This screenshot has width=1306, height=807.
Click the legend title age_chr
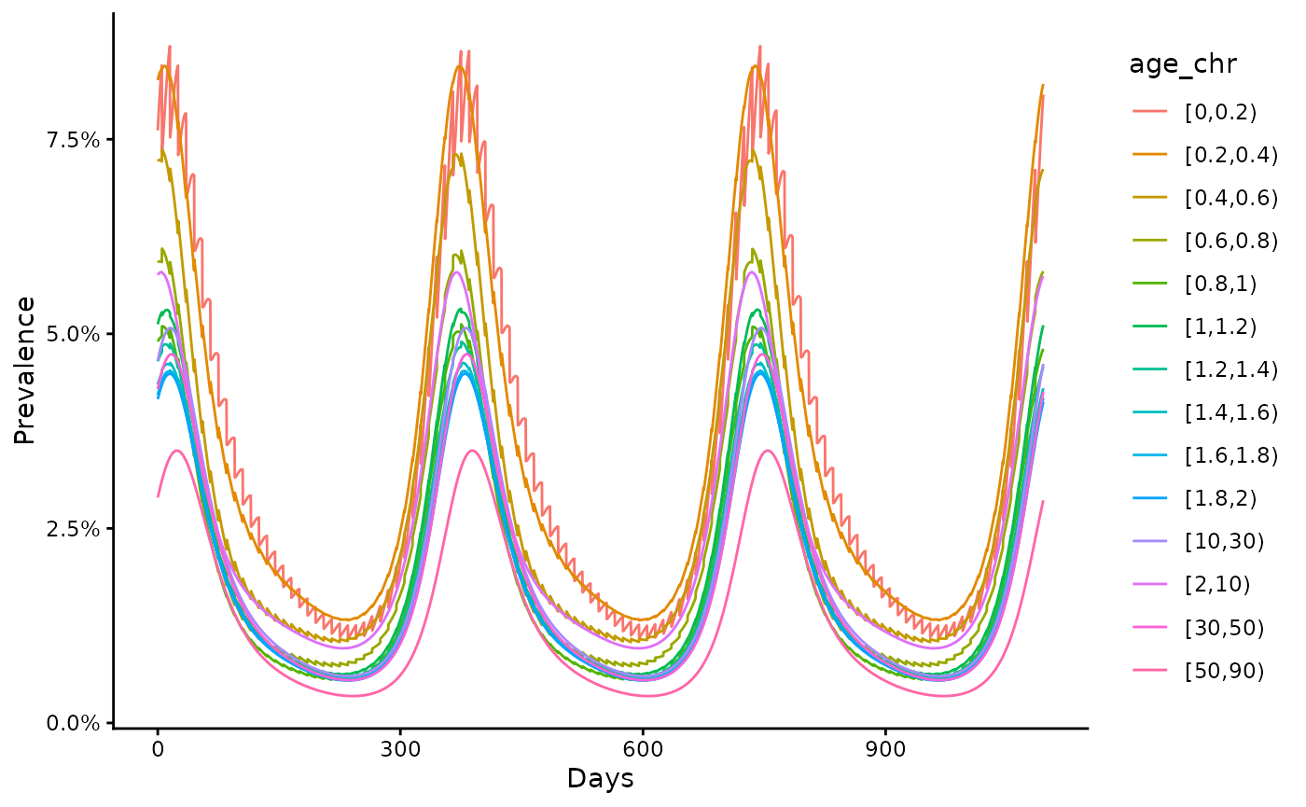[1183, 64]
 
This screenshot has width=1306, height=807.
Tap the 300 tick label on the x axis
[400, 747]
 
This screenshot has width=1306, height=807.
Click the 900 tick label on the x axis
[884, 747]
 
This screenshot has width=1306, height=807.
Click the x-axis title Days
[600, 778]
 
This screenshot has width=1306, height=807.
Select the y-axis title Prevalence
[25, 370]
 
